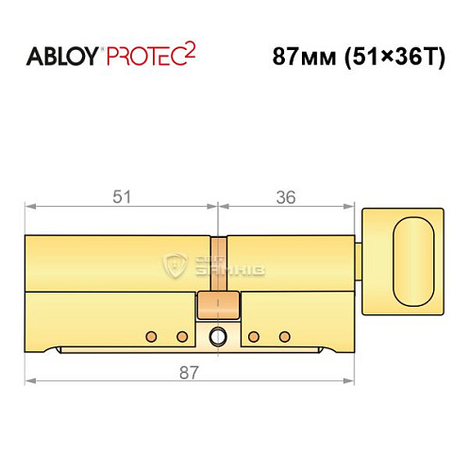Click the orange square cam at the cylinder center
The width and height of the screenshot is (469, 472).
click(x=218, y=307)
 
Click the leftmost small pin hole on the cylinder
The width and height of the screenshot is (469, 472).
click(x=148, y=336)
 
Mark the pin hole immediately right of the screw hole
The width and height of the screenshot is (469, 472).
click(x=252, y=336)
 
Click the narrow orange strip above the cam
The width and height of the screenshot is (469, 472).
click(x=218, y=264)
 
